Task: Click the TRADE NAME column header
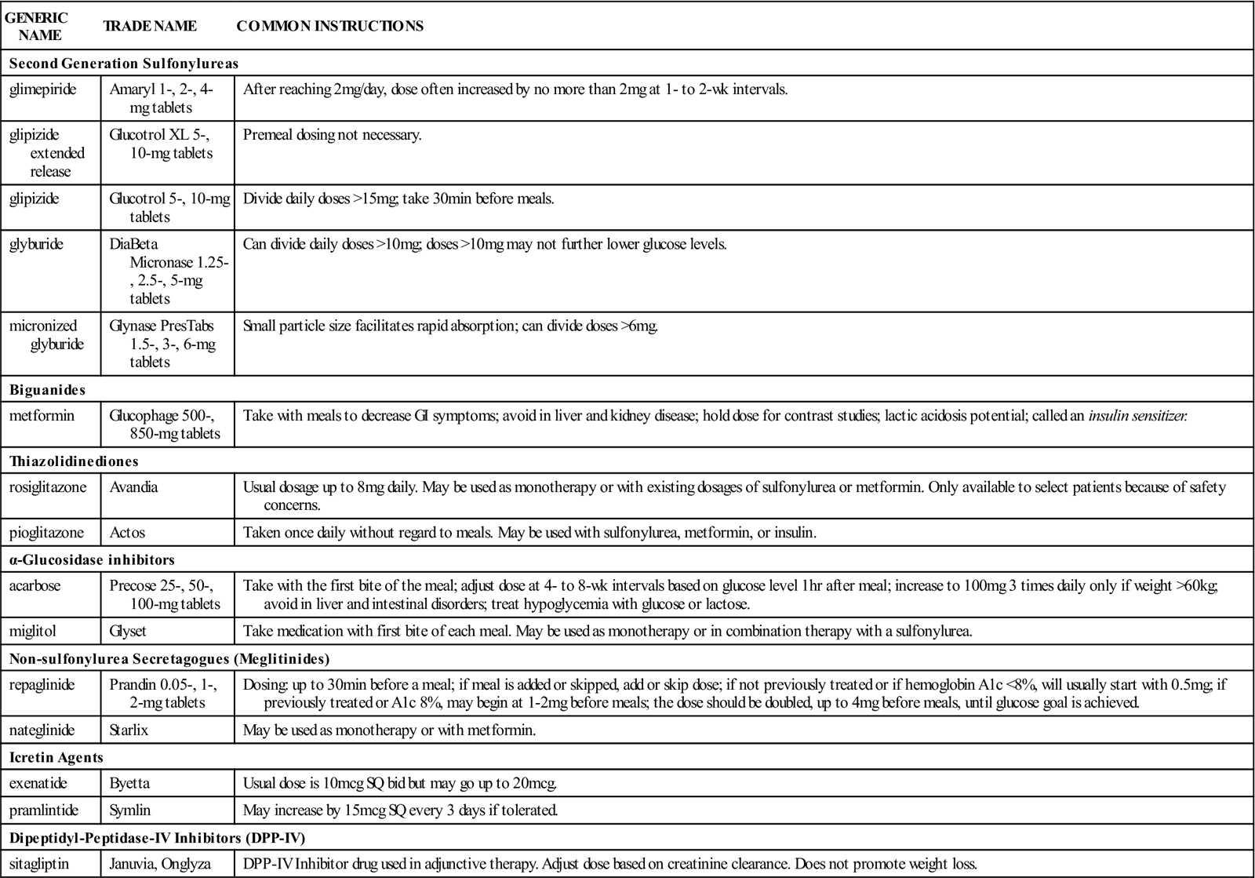click(150, 26)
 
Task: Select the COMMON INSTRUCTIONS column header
click(329, 26)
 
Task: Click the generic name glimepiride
click(43, 89)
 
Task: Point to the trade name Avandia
click(133, 487)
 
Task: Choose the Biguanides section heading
click(48, 389)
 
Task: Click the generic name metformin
click(42, 416)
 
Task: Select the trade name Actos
click(127, 533)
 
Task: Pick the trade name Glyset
click(128, 631)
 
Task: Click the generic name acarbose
click(35, 585)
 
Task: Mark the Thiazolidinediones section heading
click(74, 461)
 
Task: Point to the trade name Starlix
click(129, 730)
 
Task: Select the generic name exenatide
click(38, 783)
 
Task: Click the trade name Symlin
click(129, 810)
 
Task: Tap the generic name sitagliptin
click(39, 864)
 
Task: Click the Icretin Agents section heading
click(56, 757)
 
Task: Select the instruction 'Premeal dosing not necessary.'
click(333, 135)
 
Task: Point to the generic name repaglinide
click(42, 685)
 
